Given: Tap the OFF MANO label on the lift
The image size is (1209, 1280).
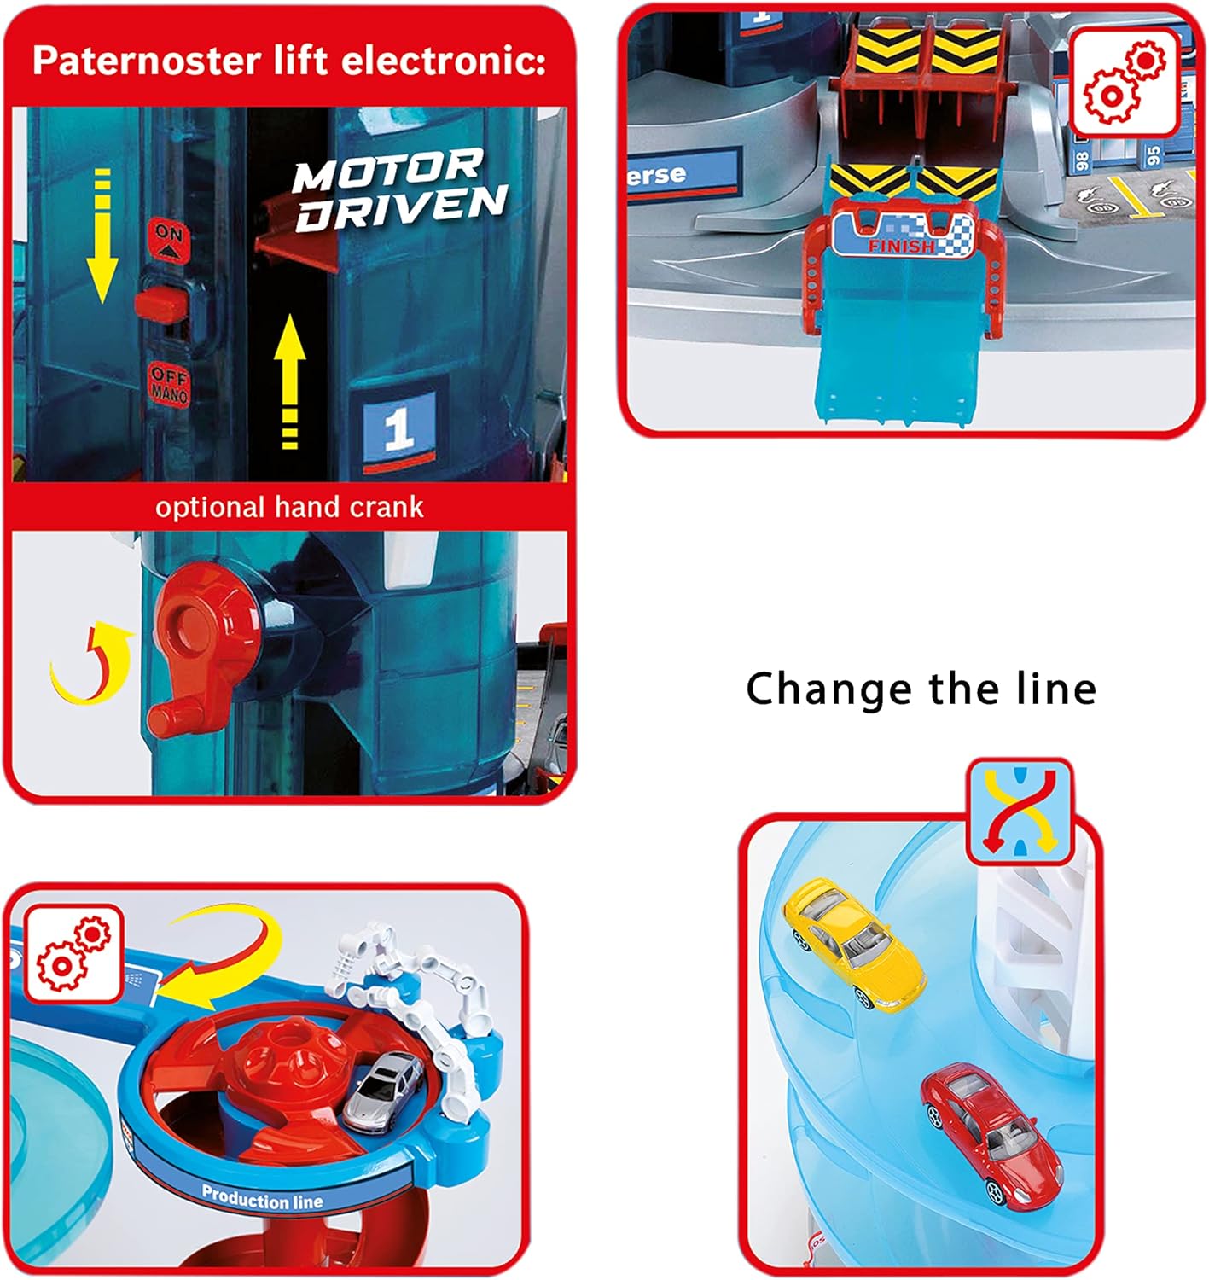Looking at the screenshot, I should tap(169, 383).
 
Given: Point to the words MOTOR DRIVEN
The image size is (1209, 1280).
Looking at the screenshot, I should tap(398, 190).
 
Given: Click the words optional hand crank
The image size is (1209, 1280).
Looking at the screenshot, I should tap(289, 507).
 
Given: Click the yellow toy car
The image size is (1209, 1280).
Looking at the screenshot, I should tap(854, 943).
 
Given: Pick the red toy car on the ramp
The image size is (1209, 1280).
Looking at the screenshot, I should tap(991, 1132).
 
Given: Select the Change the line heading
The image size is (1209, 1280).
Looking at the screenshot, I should tap(921, 689).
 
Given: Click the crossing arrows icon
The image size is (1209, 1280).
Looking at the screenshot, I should tap(1020, 811).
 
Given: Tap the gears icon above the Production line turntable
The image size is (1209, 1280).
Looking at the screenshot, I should tap(74, 953).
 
